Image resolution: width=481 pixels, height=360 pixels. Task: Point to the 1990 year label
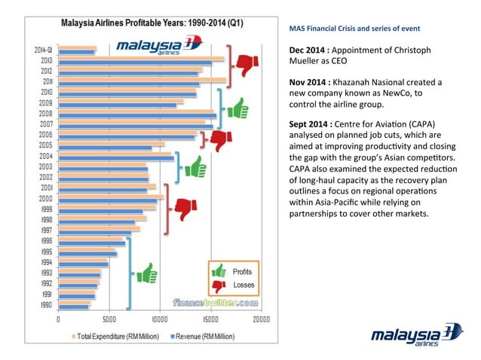click(x=45, y=305)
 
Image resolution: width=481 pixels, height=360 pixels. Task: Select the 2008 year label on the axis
click(x=45, y=113)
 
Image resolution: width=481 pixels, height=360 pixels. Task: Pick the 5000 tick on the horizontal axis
click(x=109, y=319)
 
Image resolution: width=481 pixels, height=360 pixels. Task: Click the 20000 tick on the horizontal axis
click(x=260, y=319)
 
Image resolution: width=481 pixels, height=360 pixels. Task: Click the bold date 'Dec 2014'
click(x=309, y=50)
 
